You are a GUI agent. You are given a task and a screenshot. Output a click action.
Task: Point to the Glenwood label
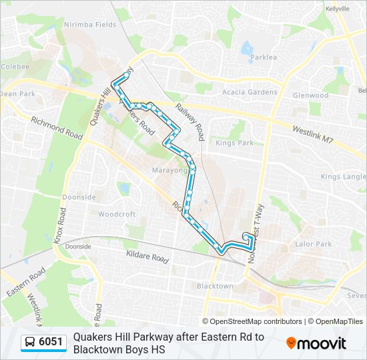point(310,95)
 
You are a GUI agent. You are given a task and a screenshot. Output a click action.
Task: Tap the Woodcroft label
point(117,215)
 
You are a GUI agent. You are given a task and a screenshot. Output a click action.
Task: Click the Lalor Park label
point(314,245)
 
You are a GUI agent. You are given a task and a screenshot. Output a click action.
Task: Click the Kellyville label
point(337,9)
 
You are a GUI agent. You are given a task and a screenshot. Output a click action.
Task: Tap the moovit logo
point(316,343)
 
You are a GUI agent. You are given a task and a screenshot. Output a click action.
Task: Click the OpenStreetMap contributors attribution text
point(252,321)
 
